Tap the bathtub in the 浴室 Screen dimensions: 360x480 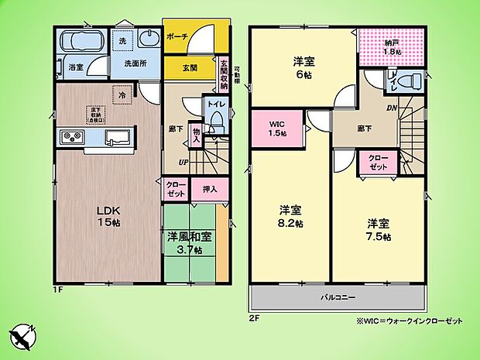[x=74, y=42]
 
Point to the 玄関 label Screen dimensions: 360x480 [x=178, y=67]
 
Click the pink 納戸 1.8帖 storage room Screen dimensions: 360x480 [x=392, y=46]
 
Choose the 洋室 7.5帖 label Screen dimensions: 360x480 [x=378, y=230]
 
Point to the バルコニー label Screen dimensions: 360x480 [x=338, y=297]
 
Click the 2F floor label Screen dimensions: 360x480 [x=254, y=317]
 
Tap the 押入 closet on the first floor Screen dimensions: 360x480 [x=210, y=188]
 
